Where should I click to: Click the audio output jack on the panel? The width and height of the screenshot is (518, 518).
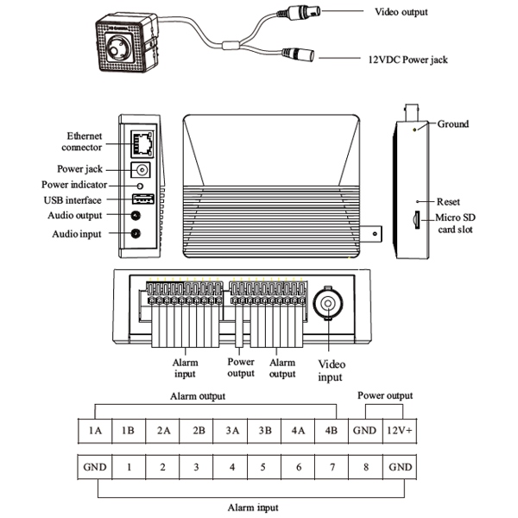pos(135,215)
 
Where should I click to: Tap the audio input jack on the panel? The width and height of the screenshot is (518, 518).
pos(135,232)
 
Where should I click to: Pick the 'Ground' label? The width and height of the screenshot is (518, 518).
pos(453,124)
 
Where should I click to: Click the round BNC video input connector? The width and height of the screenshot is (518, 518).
pos(329,305)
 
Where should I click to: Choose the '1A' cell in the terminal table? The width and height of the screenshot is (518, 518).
pos(95,430)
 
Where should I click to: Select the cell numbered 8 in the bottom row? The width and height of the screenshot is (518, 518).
pos(366,467)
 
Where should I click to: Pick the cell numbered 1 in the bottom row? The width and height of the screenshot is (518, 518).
pos(129,467)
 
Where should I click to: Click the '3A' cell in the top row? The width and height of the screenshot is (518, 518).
pos(231,430)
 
